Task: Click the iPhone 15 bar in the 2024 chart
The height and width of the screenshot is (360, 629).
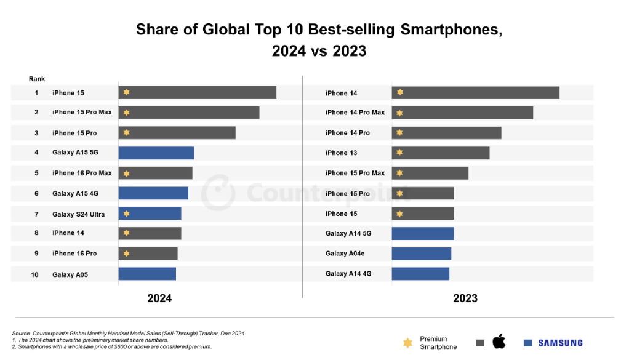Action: tap(197, 93)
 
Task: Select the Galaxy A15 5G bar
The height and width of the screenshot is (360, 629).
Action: tap(156, 153)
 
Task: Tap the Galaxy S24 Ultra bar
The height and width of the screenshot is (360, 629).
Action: tap(150, 214)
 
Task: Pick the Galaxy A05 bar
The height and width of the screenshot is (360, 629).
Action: tap(147, 274)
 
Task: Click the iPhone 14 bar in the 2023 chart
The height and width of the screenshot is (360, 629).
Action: tap(475, 93)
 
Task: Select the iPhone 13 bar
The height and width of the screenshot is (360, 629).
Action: tap(440, 153)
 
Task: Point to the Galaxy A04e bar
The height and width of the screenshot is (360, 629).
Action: tap(421, 254)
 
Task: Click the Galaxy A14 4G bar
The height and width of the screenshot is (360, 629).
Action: tap(420, 274)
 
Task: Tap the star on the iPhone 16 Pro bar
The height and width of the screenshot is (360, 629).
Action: tap(126, 254)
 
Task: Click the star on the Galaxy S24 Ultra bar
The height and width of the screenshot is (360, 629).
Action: tap(126, 214)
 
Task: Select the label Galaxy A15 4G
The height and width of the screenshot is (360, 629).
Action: tap(75, 194)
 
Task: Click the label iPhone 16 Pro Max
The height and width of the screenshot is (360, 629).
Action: tap(82, 173)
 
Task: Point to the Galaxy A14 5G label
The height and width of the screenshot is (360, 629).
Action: tap(348, 234)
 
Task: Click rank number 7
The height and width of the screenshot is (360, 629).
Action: tap(36, 214)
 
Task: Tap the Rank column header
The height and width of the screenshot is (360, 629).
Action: tap(37, 79)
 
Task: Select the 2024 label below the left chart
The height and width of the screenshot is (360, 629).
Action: tap(159, 298)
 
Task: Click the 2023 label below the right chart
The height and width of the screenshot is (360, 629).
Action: tap(465, 298)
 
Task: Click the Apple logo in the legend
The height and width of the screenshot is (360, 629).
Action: tap(499, 342)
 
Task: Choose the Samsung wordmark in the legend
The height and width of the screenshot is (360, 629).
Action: tap(560, 343)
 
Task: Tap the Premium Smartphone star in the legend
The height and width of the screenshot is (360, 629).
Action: tap(407, 343)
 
